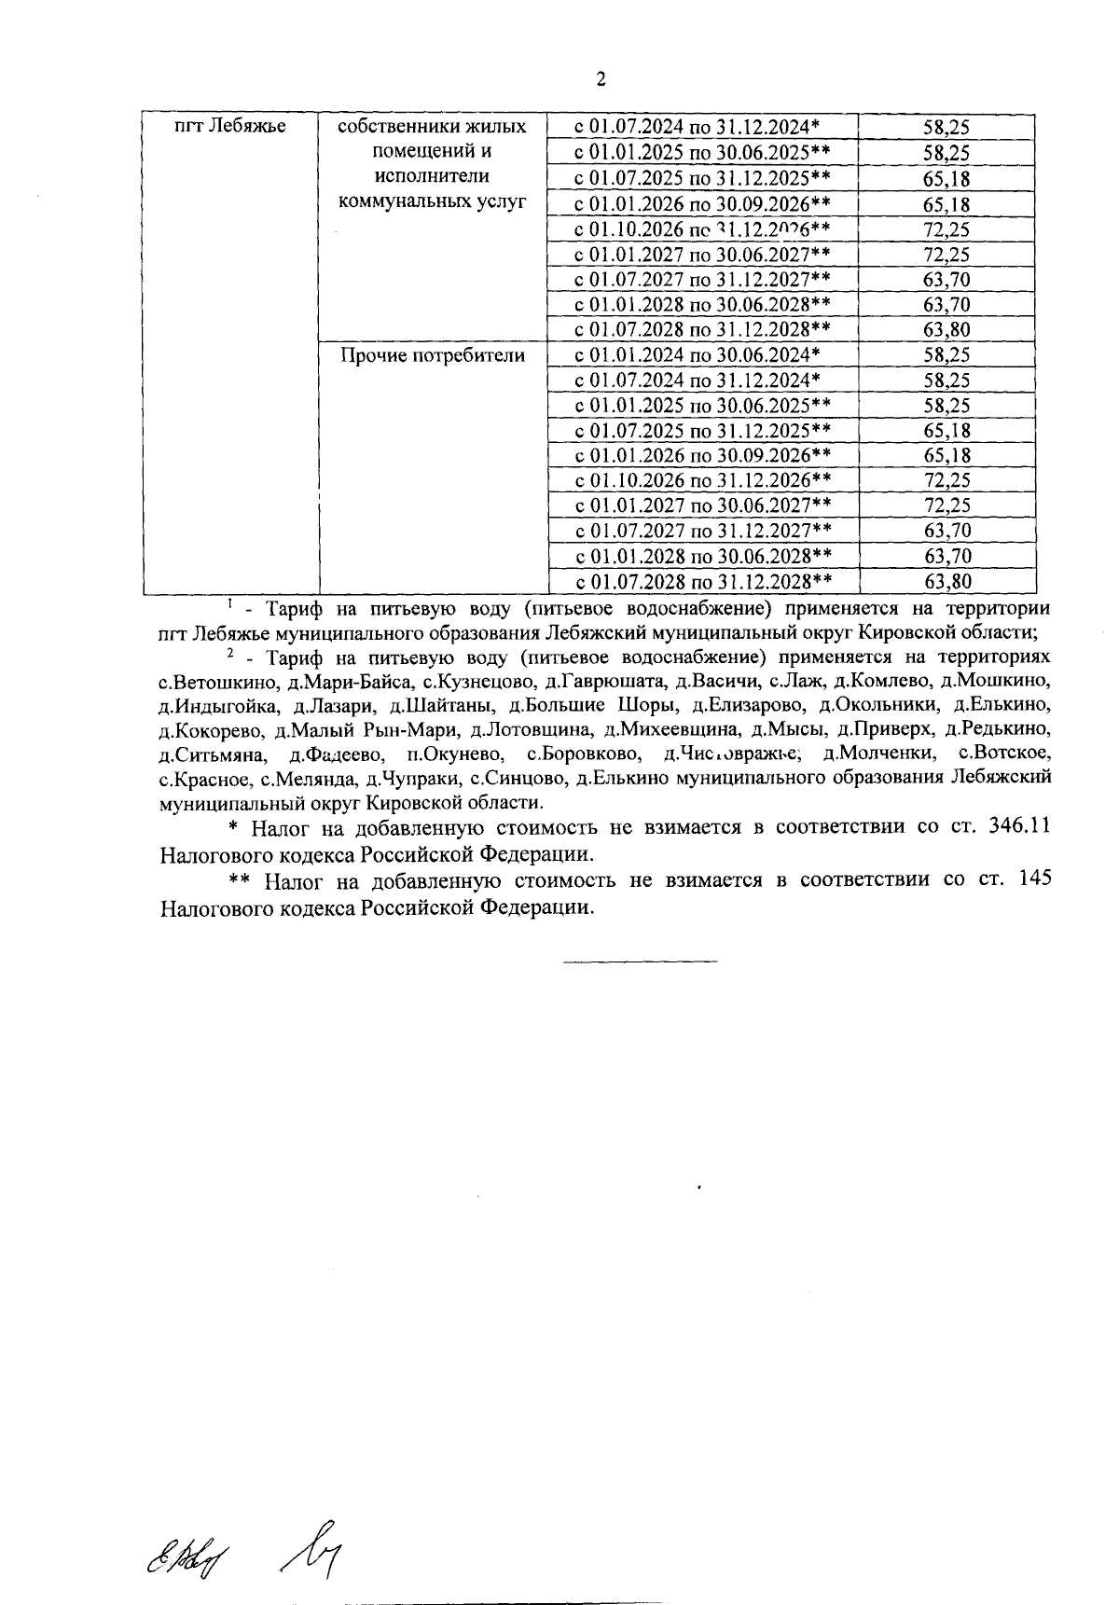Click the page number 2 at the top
click(601, 79)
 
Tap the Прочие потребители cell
click(432, 355)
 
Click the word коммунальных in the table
click(432, 201)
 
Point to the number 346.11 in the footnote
click(1019, 827)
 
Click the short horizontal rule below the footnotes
click(640, 961)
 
